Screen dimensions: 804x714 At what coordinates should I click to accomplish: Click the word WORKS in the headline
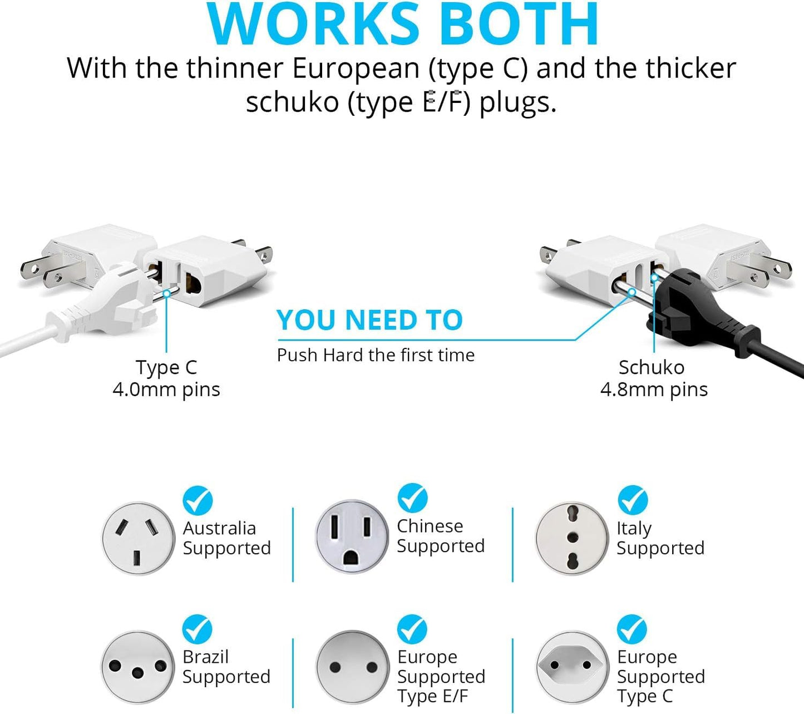[313, 24]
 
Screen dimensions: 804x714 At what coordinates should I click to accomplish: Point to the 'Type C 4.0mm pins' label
[166, 379]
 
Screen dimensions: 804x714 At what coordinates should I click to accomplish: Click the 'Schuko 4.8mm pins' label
[654, 379]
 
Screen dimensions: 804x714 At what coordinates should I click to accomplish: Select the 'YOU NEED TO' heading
[370, 320]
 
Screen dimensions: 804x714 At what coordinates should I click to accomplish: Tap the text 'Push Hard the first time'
[376, 355]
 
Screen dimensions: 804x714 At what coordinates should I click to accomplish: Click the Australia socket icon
[138, 538]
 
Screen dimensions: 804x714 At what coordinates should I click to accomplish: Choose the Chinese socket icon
[352, 536]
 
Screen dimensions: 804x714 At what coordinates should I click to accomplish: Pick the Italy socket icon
[572, 538]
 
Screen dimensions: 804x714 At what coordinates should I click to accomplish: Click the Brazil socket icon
[137, 668]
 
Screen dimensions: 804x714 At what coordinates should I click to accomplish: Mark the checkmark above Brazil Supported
[197, 629]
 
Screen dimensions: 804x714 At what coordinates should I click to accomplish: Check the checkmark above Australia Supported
[198, 500]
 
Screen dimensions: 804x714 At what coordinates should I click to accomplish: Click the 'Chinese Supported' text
[441, 536]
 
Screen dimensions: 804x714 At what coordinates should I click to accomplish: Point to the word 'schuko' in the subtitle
[292, 102]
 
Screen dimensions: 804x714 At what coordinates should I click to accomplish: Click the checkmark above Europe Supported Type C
[632, 629]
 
